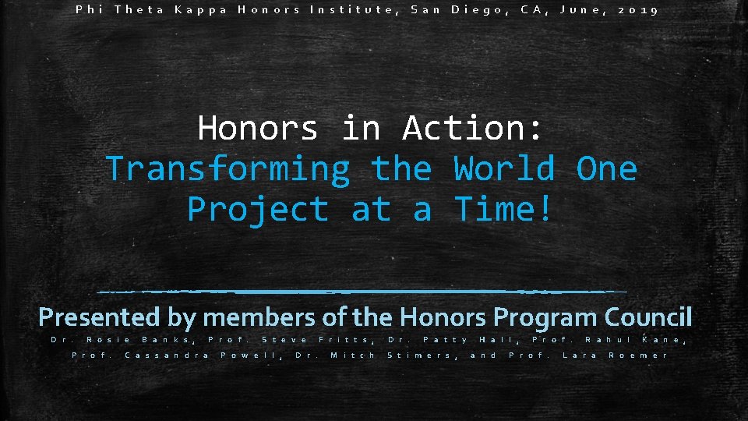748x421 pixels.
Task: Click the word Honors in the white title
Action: (258, 129)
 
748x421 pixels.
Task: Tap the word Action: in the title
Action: (472, 129)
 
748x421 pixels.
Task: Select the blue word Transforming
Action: (228, 169)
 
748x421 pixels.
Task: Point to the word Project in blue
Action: (258, 210)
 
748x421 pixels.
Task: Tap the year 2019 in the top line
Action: (638, 11)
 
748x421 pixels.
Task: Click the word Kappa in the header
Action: (199, 11)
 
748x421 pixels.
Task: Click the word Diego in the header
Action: (475, 11)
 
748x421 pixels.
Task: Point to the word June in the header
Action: (577, 11)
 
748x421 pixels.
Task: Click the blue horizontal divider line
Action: (362, 292)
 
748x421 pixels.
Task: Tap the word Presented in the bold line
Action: (99, 317)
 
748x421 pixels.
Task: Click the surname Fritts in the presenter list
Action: (347, 339)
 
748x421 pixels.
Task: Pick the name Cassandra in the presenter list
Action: (167, 356)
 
